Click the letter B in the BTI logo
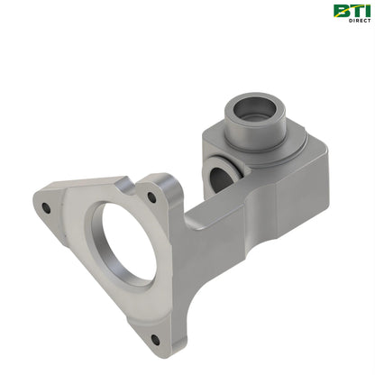[x=342, y=11]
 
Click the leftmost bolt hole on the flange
[x=46, y=208]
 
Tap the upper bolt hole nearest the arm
[x=151, y=197]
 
